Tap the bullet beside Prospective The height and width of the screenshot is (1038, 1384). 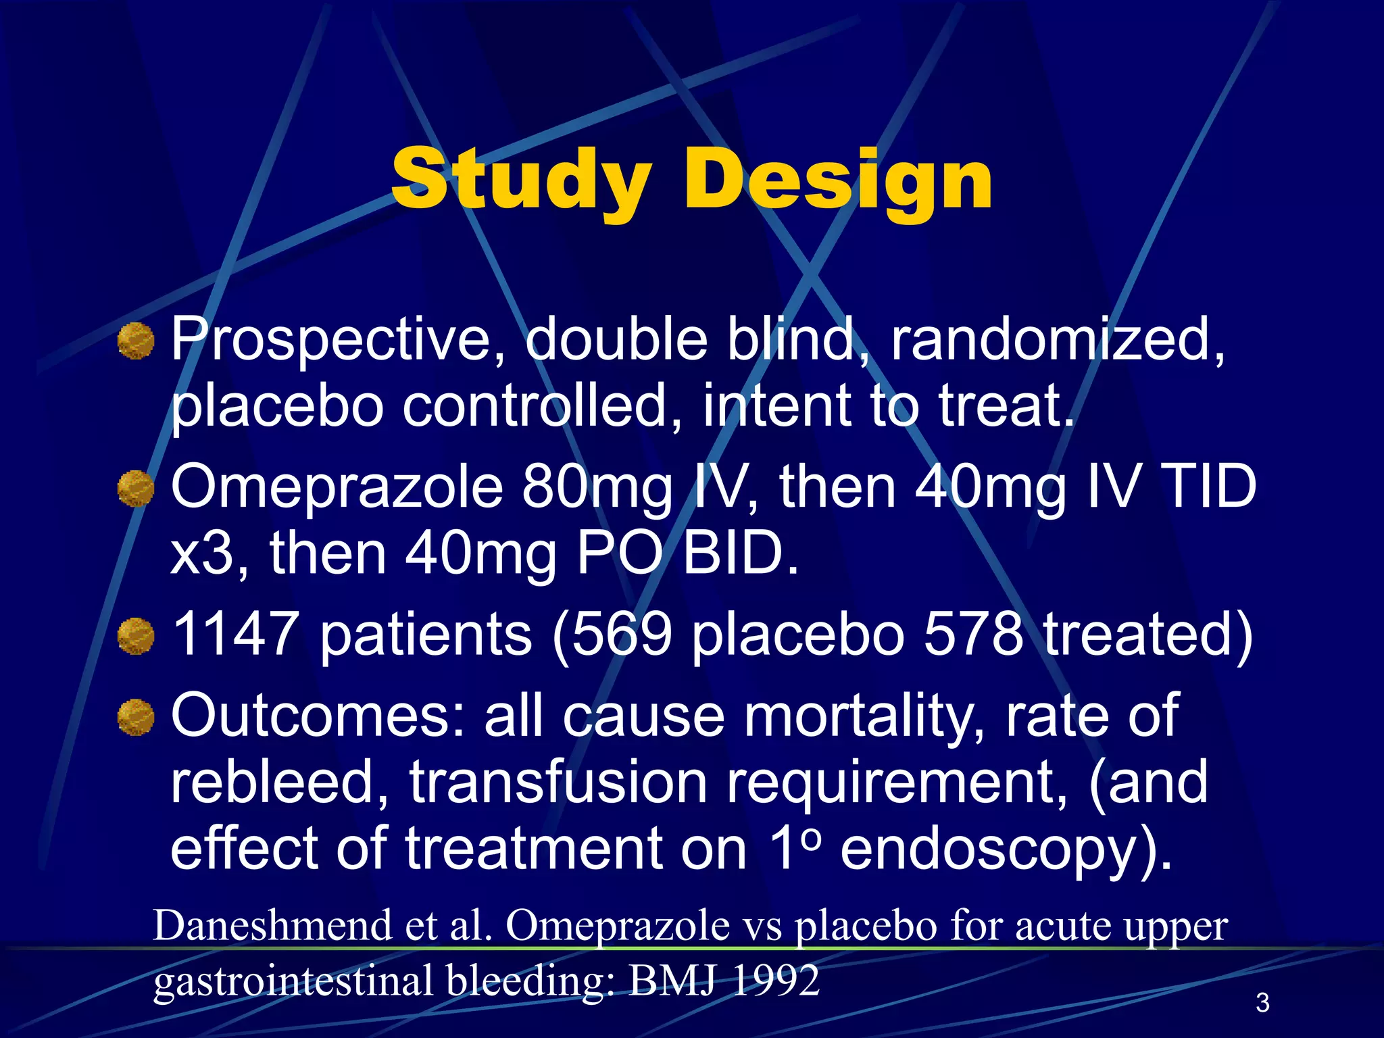(136, 341)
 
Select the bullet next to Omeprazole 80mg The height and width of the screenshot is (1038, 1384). (136, 489)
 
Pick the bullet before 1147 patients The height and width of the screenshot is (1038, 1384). (136, 636)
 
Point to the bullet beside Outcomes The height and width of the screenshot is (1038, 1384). (136, 717)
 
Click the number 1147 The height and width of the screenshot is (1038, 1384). (234, 635)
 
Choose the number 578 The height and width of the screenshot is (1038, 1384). (973, 635)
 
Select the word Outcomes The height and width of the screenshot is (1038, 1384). (318, 716)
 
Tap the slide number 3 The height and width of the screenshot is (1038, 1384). (1262, 1002)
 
